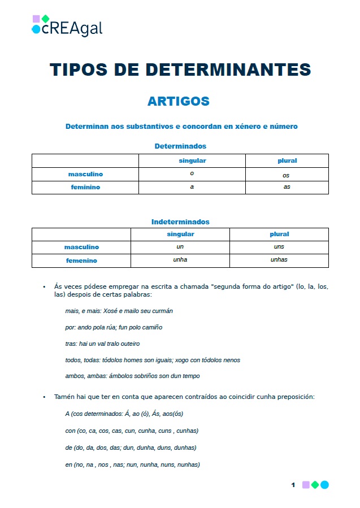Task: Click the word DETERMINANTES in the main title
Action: [x=228, y=70]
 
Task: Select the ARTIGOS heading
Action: [x=179, y=101]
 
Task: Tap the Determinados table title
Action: [x=180, y=146]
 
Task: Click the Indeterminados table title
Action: [x=180, y=222]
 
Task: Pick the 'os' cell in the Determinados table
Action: [x=286, y=175]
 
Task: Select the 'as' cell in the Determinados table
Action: [x=287, y=187]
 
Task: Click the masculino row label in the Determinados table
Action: [x=85, y=175]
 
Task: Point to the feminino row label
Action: [x=85, y=187]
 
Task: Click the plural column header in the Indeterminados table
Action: [x=279, y=234]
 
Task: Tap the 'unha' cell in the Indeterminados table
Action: [x=180, y=260]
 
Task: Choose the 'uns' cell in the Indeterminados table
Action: [x=279, y=247]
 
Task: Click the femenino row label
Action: [x=81, y=260]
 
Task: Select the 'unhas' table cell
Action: [x=279, y=260]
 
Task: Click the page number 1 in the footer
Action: [x=293, y=485]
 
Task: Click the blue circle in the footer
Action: [x=324, y=485]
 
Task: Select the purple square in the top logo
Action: [x=36, y=19]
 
